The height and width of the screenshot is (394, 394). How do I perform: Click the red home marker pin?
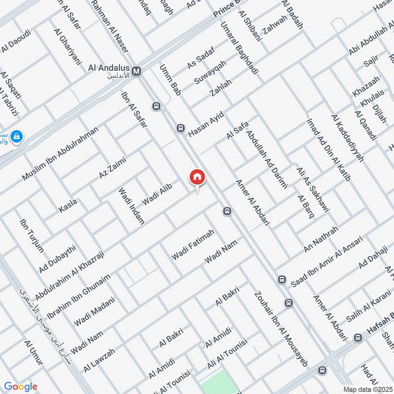pos(197,177)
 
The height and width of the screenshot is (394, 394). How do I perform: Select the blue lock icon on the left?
pos(16,137)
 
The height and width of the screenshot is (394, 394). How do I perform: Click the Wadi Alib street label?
pos(157,196)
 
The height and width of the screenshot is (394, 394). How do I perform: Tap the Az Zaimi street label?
pos(113,167)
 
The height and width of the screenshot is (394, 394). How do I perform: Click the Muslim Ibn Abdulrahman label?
pos(60,153)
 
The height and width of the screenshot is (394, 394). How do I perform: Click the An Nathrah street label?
pos(321,239)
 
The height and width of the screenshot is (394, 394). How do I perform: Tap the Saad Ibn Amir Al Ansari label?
pos(327,262)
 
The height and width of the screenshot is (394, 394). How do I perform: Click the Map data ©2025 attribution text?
pos(367,389)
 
